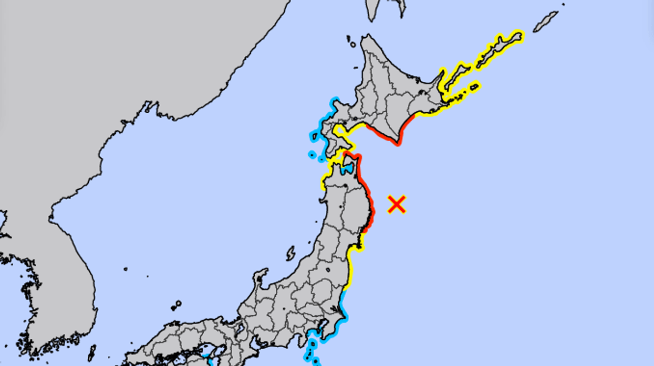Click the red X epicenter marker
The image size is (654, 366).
397,204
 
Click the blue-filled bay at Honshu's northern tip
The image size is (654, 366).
346,169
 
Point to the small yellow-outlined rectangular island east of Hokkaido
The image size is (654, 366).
474,85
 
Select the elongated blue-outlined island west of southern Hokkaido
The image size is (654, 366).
314,137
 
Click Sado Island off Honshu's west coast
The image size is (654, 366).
291,254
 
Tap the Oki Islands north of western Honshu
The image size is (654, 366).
176,305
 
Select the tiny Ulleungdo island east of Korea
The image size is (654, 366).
126,269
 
